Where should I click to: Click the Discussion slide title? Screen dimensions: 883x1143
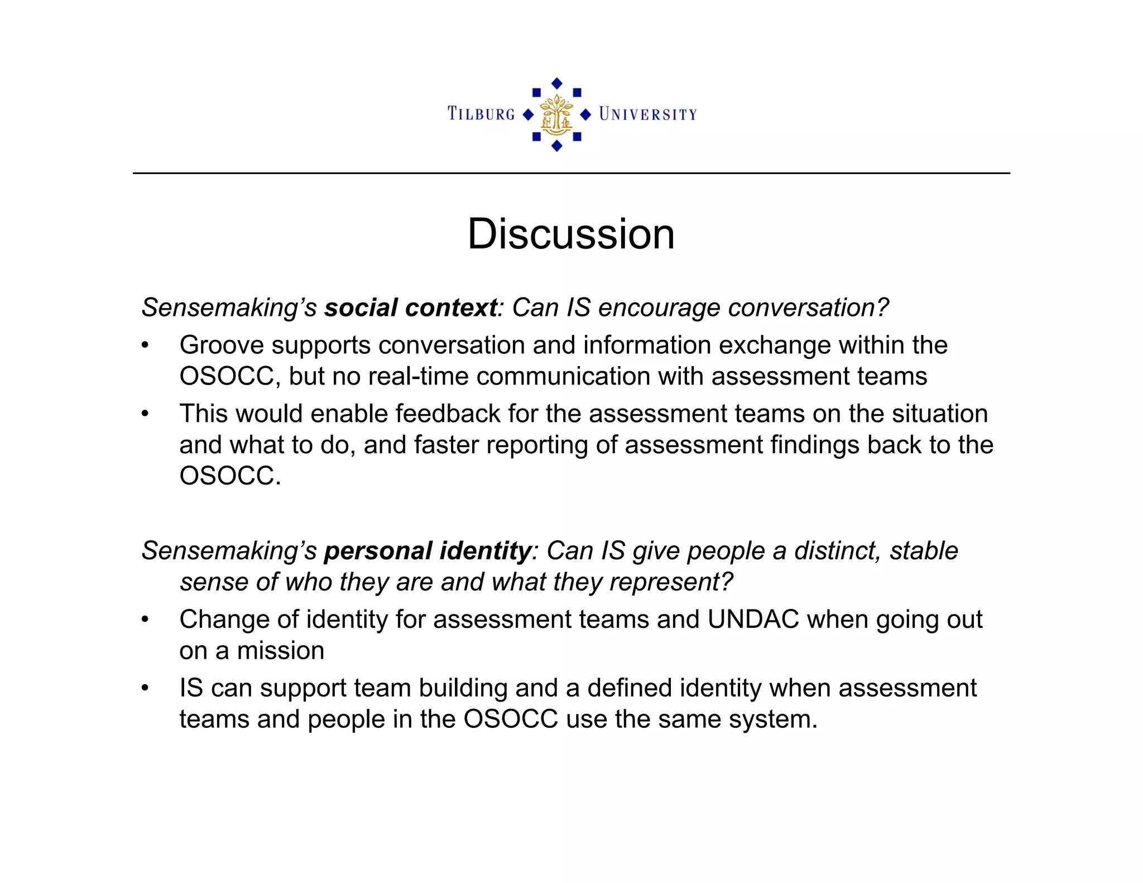[x=571, y=234]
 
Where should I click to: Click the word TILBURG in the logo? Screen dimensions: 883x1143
[x=481, y=114]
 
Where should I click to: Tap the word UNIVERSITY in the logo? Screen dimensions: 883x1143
[x=648, y=114]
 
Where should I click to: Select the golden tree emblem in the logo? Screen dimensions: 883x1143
[x=556, y=115]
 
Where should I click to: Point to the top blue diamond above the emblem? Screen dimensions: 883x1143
[x=556, y=84]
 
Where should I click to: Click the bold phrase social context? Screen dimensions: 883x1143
[x=411, y=308]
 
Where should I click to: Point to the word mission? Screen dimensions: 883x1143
[x=281, y=651]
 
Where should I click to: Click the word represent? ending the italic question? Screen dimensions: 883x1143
[x=671, y=582]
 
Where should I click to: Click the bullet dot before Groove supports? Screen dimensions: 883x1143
[x=145, y=345]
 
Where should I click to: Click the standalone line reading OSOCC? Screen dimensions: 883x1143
[x=230, y=476]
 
